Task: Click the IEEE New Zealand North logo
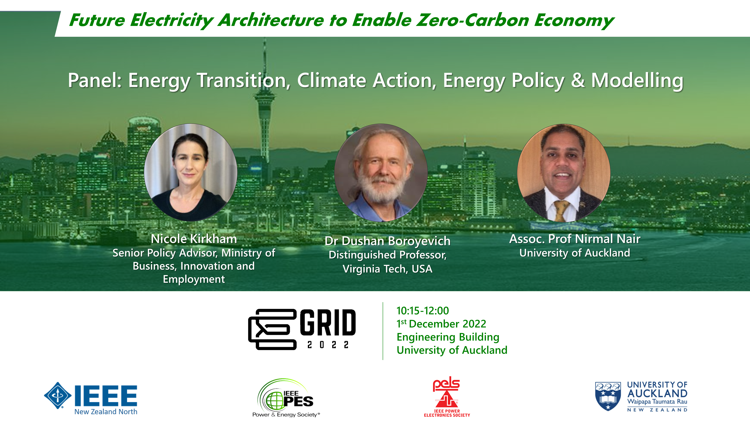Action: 91,398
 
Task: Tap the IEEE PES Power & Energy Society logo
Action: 286,398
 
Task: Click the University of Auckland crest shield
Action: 608,396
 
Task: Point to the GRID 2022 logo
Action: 302,329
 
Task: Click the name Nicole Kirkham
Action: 194,239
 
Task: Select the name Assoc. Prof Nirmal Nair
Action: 575,239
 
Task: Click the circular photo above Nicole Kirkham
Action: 191,172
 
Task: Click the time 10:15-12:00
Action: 423,311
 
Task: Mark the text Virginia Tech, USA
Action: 388,269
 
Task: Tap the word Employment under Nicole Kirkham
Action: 194,279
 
